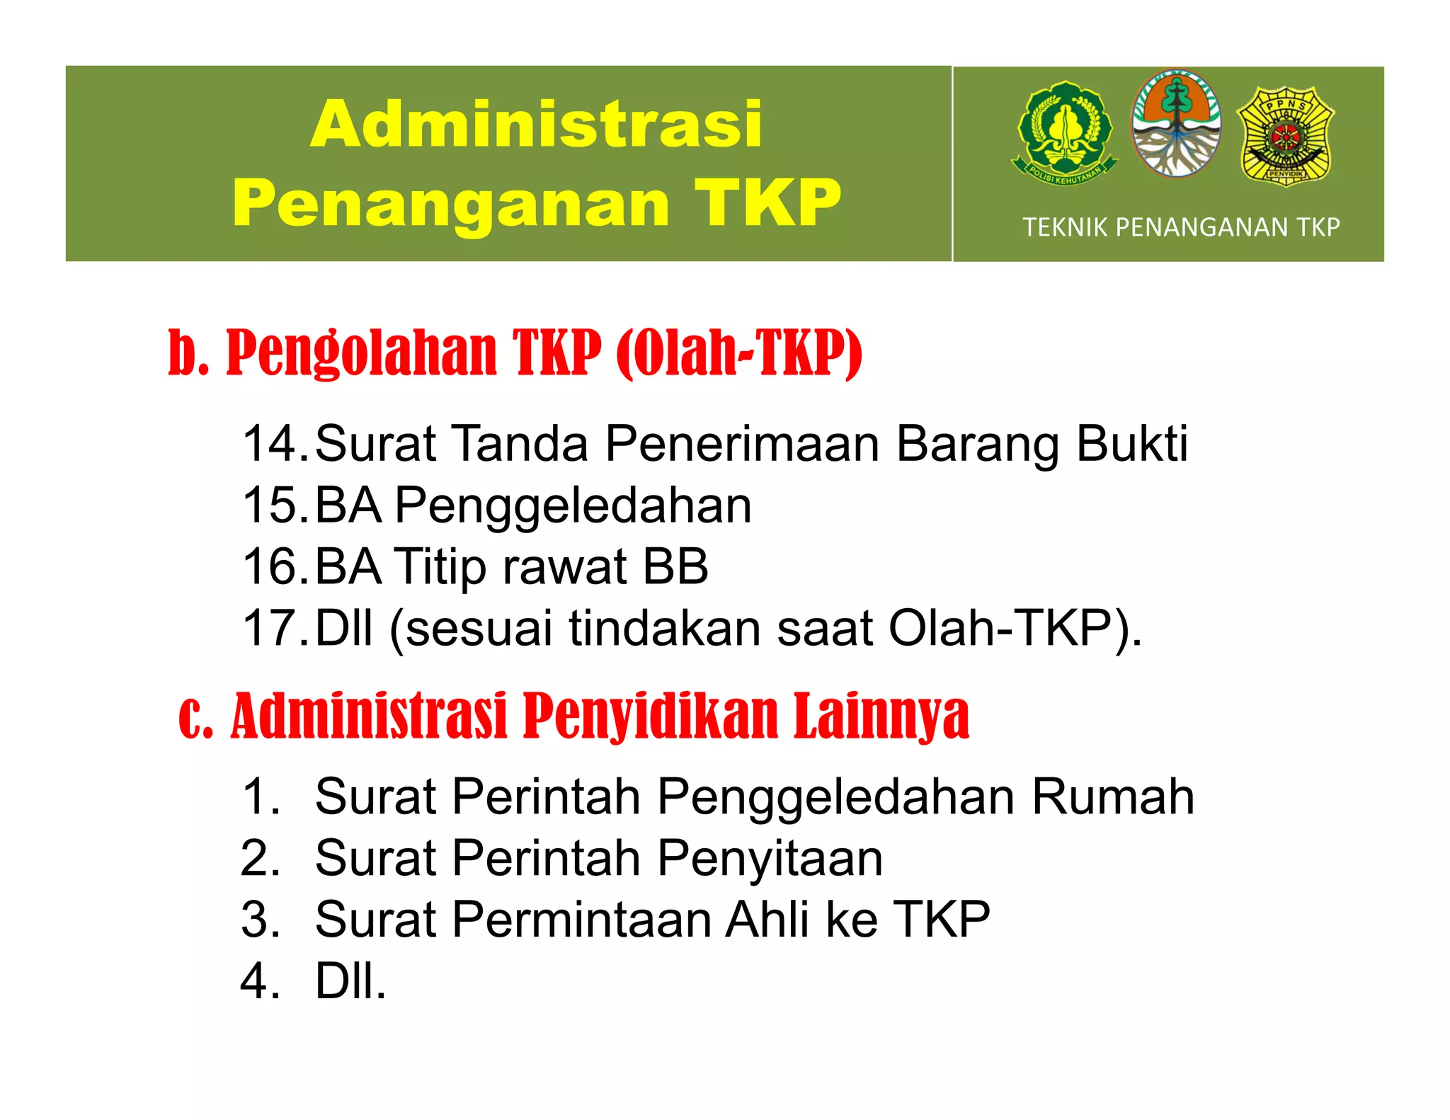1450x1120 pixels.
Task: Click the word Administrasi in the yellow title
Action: (x=536, y=125)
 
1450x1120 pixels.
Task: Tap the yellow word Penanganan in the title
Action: (x=450, y=203)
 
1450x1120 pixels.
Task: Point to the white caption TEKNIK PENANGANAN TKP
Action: (x=1181, y=227)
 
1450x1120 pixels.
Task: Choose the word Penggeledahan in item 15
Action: (x=573, y=505)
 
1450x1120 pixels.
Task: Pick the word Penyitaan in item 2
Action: (x=770, y=858)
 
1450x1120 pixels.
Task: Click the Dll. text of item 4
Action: (x=350, y=981)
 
